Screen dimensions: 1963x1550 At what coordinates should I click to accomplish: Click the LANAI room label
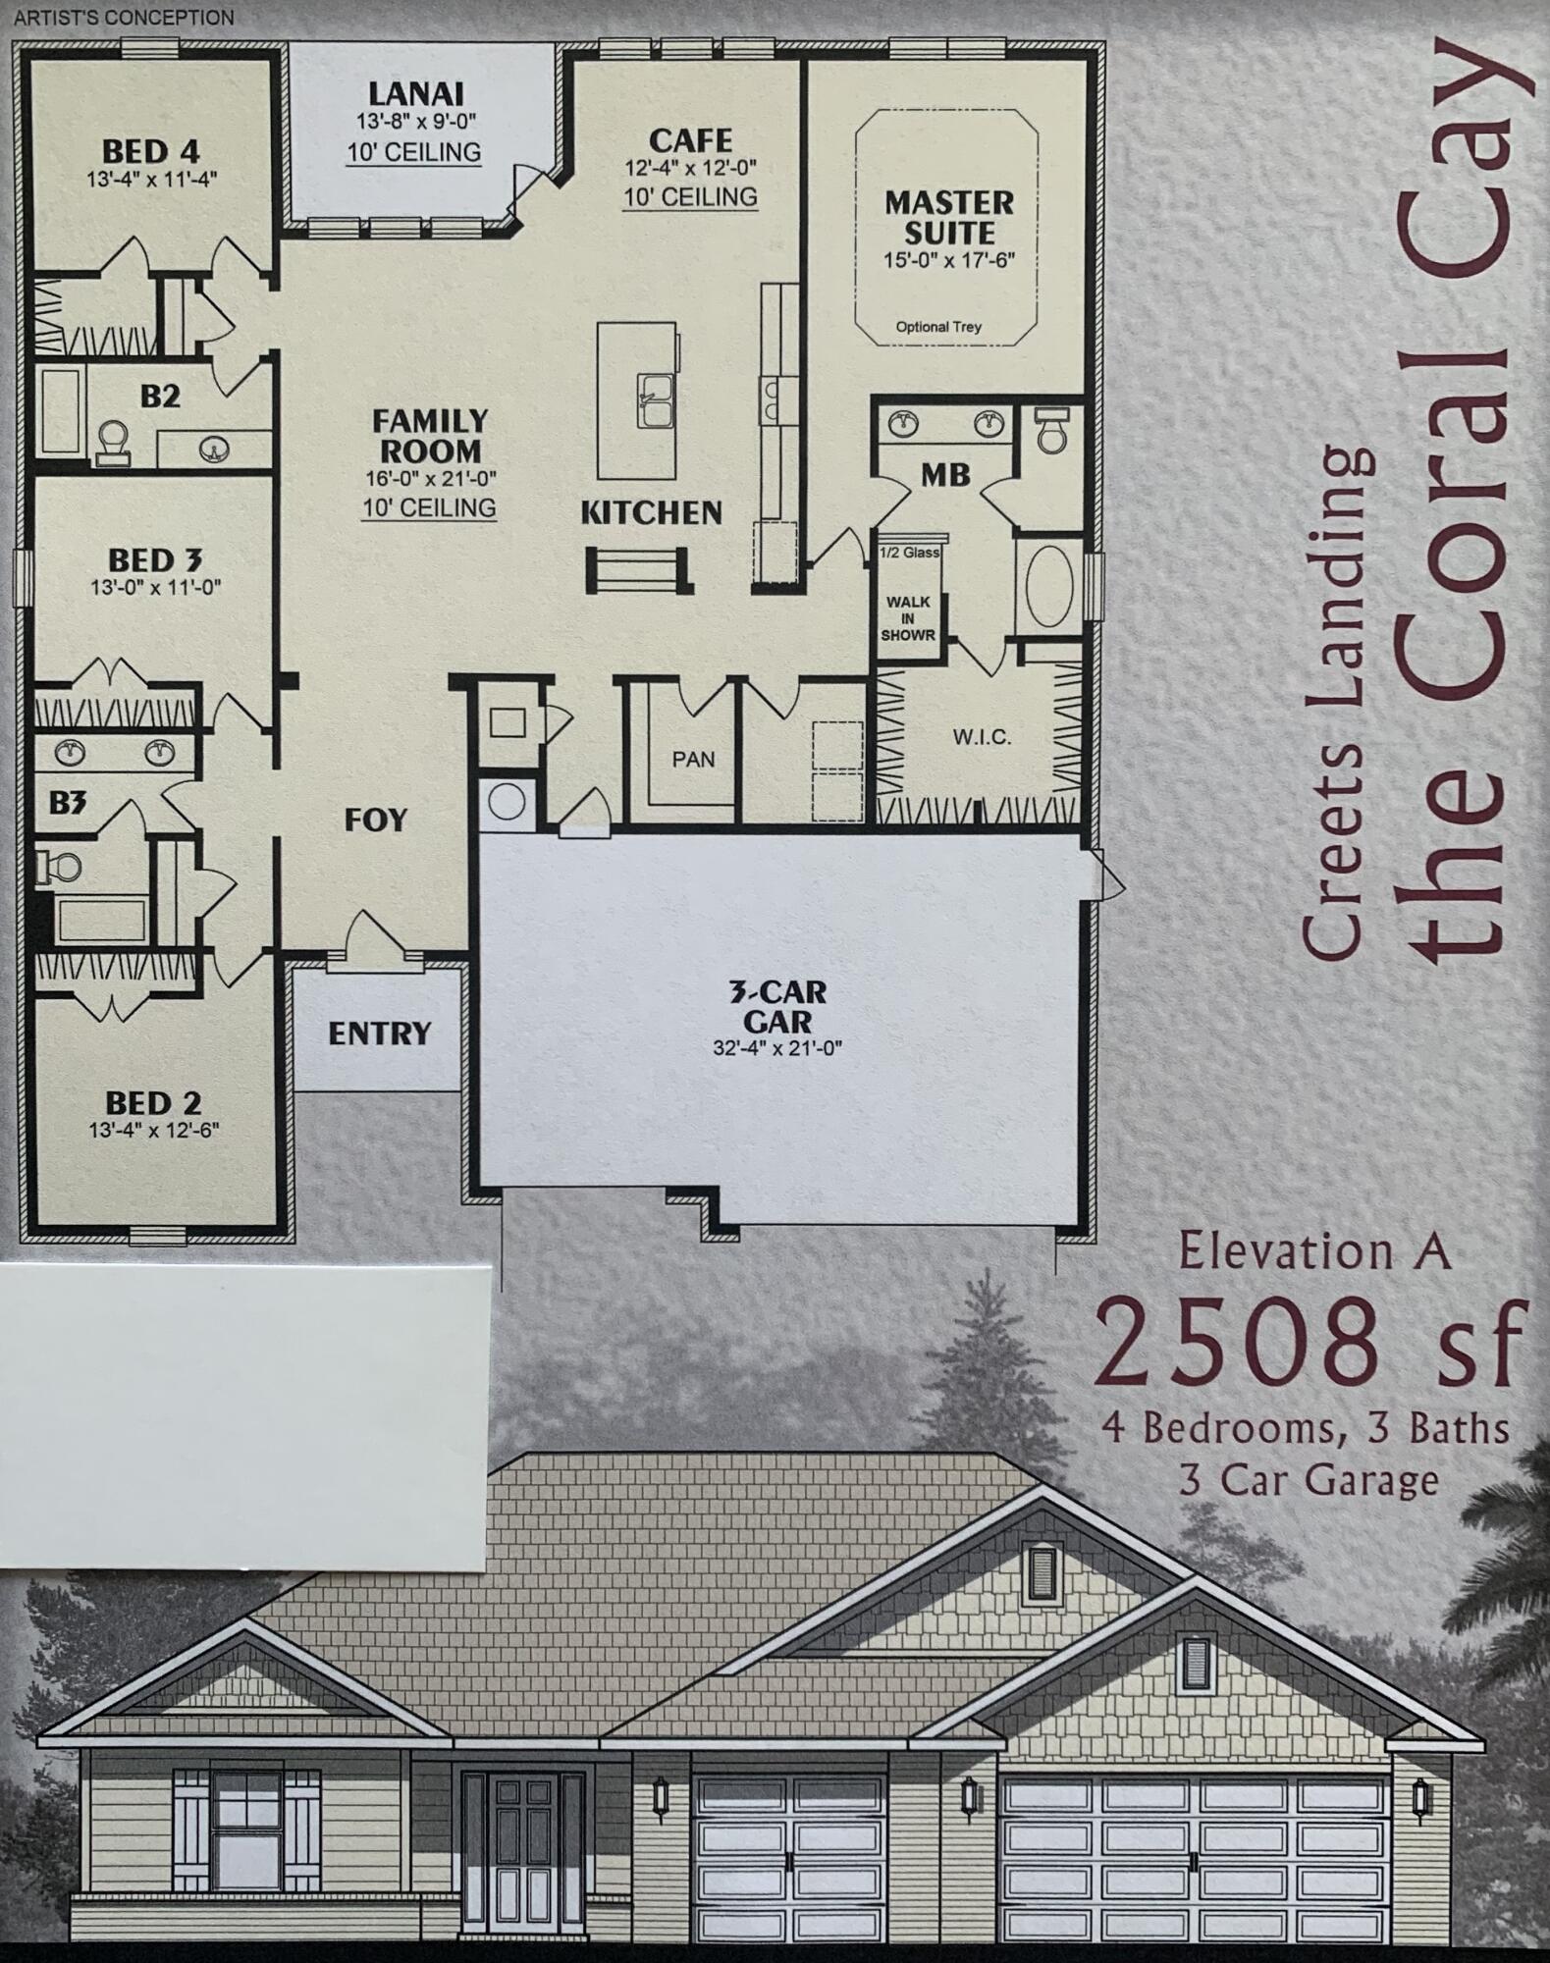[415, 94]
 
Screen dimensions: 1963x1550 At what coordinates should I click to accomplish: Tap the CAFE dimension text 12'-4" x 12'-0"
[690, 168]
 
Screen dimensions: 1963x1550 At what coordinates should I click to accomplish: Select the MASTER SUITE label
[948, 218]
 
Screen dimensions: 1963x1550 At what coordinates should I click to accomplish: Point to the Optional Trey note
[937, 327]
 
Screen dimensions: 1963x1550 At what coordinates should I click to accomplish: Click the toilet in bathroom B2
[113, 439]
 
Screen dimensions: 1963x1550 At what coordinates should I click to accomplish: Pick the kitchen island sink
[655, 400]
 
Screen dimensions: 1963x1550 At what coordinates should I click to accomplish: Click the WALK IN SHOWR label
[907, 618]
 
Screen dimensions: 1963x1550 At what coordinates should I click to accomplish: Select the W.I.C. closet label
[981, 737]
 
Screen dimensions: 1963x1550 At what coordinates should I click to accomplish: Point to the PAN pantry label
[693, 759]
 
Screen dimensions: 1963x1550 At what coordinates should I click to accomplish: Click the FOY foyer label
[375, 820]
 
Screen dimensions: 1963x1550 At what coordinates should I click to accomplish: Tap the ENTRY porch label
[379, 1033]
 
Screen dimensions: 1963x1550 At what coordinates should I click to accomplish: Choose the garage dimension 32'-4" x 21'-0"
[776, 1048]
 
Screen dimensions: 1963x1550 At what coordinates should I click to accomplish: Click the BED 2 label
[153, 1102]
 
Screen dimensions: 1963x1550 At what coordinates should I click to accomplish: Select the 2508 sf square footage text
[1309, 1341]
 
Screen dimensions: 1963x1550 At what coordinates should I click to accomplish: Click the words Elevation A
[1313, 1251]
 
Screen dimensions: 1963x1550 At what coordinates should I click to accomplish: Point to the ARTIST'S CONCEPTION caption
[124, 18]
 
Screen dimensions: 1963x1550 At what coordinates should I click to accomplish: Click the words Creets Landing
[1336, 702]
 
